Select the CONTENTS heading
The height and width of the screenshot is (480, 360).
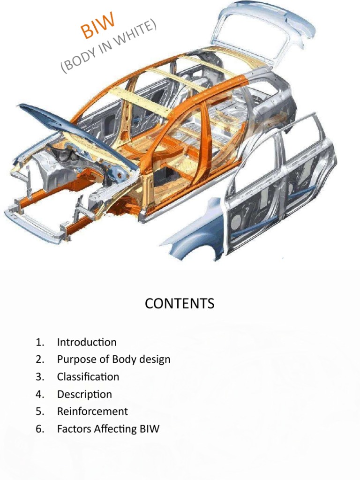180,304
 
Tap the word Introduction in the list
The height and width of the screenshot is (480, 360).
87,342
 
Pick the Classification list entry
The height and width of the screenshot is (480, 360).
88,377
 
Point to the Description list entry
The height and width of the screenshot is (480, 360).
84,394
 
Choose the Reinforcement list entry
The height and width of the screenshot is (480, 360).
92,412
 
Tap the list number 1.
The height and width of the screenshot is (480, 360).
39,342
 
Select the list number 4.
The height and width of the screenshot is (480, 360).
39,394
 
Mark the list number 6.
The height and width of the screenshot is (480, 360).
39,428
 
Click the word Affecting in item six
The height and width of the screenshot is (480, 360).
114,428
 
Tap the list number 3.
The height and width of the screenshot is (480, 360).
39,377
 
